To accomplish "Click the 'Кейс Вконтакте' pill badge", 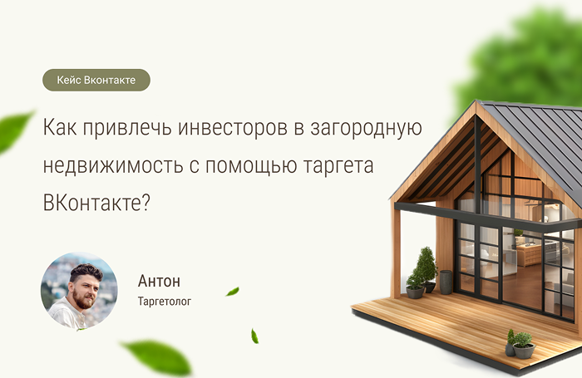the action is tap(96, 80).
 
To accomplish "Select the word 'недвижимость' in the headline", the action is tap(113, 166).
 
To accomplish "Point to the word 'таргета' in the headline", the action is tap(338, 166).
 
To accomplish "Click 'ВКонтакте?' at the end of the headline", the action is tap(96, 203).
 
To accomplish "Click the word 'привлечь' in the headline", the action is tap(127, 128).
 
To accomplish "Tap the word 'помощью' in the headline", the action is tap(251, 166).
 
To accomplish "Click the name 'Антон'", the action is tap(159, 281).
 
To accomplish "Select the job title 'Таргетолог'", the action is tap(165, 302).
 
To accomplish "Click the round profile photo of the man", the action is tap(79, 292).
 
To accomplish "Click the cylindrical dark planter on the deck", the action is tap(446, 282).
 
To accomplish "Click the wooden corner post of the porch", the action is tap(396, 253).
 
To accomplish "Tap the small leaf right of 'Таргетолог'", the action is tap(233, 292).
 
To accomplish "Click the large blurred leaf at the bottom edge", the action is tap(158, 357).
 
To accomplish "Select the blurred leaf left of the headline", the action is tap(14, 131).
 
